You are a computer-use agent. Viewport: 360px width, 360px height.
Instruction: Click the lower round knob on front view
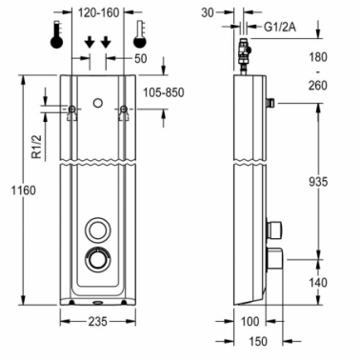coord(96,260)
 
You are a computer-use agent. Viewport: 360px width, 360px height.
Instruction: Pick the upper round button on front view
coord(96,229)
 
